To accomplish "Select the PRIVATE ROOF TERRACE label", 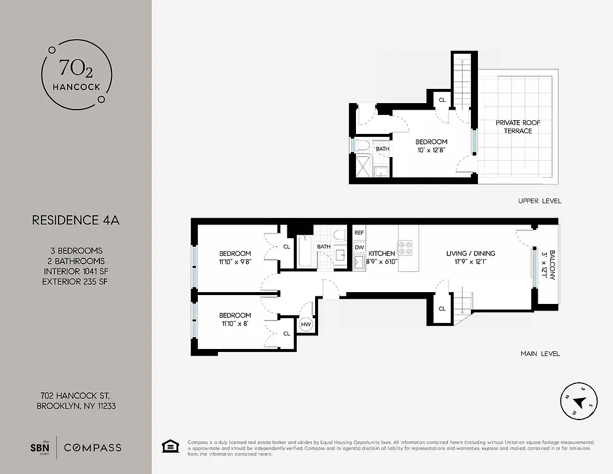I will [518, 127].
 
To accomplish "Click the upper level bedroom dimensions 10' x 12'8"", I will [431, 150].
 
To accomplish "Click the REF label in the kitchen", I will [359, 233].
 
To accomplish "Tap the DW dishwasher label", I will [360, 247].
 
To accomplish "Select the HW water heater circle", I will [306, 324].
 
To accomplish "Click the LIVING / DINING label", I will [470, 254].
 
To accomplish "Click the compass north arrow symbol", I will [579, 403].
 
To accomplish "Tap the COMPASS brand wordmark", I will [92, 447].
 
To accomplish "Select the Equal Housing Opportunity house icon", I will [170, 446].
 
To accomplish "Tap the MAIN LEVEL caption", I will [540, 354].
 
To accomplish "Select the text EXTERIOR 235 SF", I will [75, 281].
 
